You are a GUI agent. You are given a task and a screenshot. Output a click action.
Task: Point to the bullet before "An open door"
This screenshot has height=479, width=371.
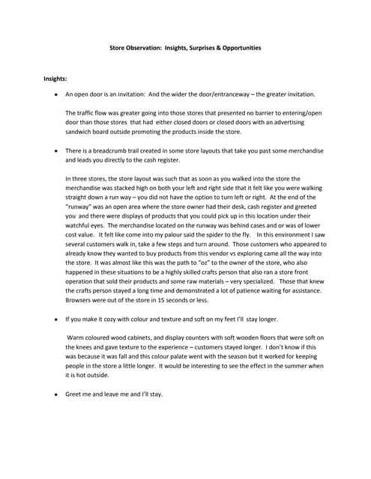[55, 95]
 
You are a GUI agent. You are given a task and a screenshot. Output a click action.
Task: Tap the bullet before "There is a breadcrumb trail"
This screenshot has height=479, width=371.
[55, 150]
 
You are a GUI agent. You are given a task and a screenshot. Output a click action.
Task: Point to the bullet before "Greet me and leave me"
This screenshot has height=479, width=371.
[55, 394]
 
